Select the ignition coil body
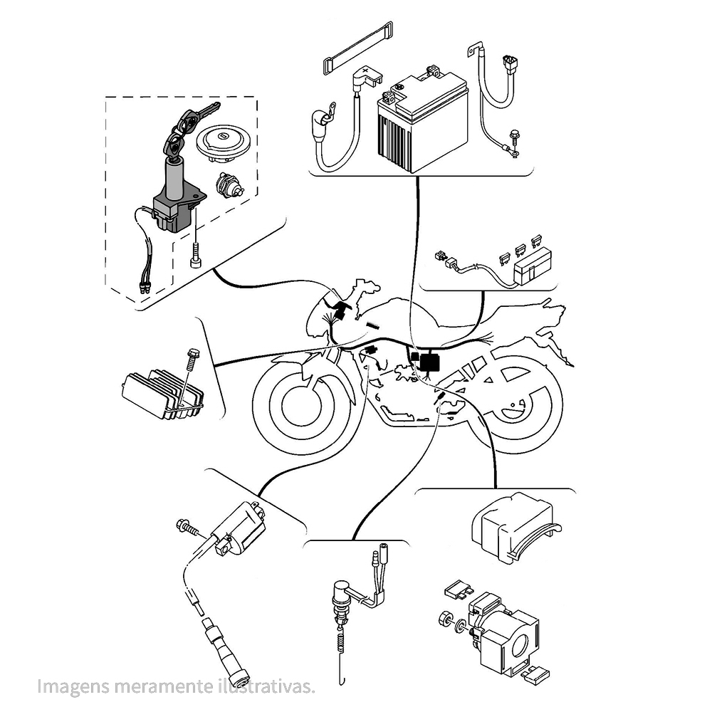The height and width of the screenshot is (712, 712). pyautogui.click(x=238, y=531)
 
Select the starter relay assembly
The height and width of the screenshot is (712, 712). pyautogui.click(x=502, y=630)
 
